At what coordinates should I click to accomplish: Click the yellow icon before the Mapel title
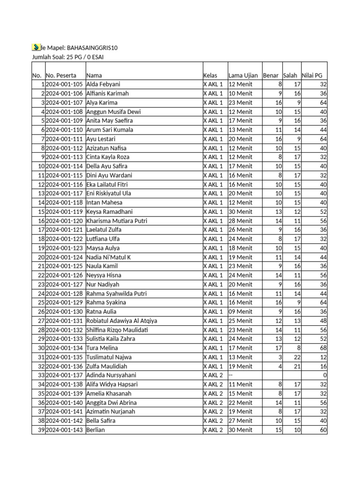point(36,47)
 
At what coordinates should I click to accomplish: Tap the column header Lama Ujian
point(243,75)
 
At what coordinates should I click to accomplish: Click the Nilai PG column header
point(312,75)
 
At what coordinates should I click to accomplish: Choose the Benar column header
point(271,75)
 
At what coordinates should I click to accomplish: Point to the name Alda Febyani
point(103,84)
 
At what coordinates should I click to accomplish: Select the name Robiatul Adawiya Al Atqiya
point(122,321)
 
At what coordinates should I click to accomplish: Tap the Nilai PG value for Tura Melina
point(323,348)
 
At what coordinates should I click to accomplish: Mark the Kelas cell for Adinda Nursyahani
point(213,375)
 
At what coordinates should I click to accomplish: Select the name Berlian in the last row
point(96,430)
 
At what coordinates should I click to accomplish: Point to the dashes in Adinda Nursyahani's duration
point(231,375)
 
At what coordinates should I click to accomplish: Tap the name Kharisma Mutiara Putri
point(116,221)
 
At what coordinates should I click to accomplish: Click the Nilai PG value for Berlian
point(323,430)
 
